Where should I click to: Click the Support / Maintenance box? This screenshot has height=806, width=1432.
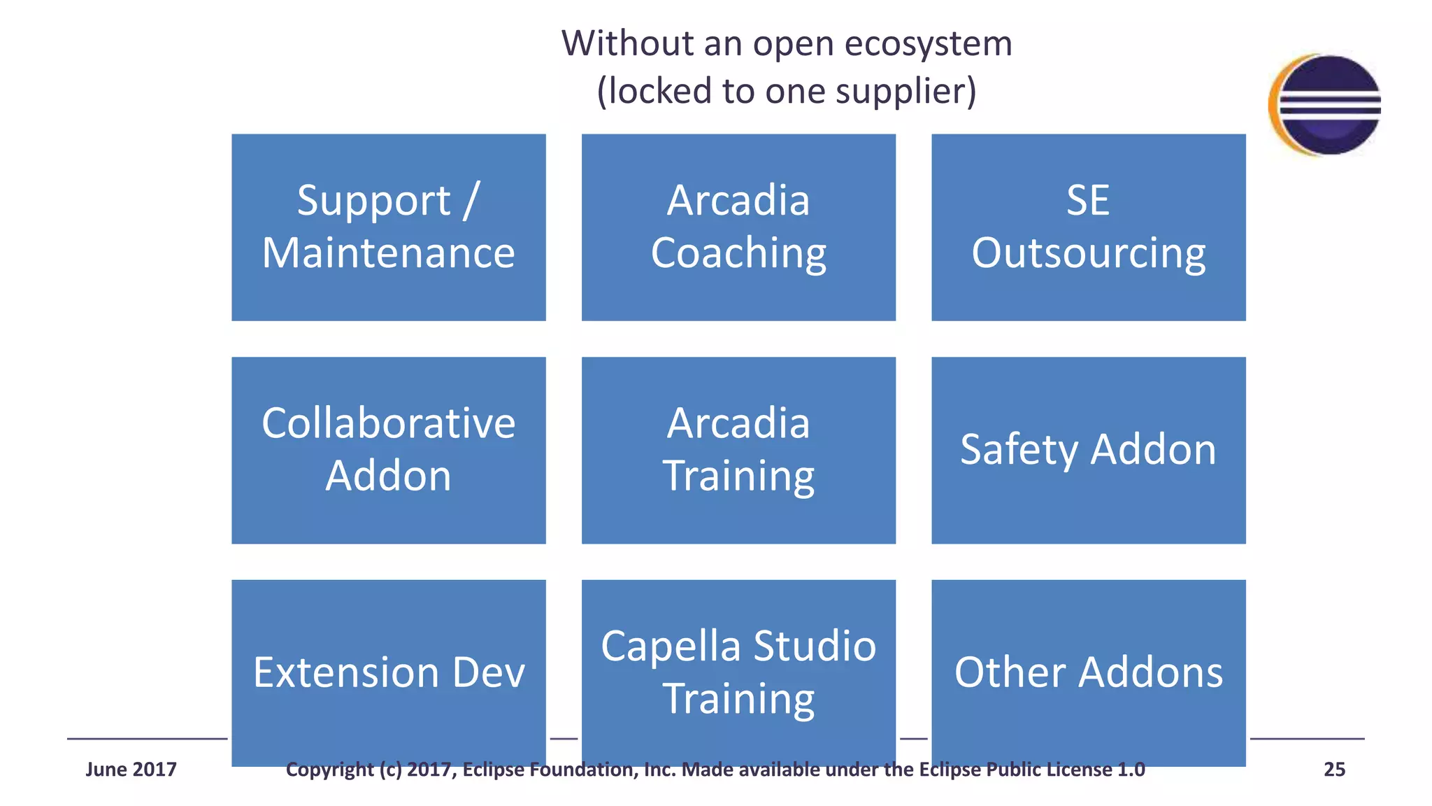coord(388,227)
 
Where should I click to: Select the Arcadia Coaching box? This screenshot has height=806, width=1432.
coord(738,227)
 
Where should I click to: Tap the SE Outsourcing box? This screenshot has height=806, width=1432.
coord(1088,227)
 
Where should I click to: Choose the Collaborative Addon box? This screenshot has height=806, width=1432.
coord(388,450)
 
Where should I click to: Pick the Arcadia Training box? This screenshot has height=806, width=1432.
coord(738,450)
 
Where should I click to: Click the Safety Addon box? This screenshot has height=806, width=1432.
coord(1088,450)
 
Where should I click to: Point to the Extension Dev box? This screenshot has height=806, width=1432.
coord(388,672)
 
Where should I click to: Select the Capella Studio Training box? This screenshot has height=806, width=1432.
coord(738,672)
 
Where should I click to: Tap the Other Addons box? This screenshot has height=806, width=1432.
coord(1088,672)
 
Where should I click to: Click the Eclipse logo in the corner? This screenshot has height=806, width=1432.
coord(1325,104)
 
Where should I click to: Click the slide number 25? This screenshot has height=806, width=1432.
coord(1334,770)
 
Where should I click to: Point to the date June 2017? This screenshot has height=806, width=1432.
coord(131,770)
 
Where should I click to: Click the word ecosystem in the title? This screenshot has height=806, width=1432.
coord(929,44)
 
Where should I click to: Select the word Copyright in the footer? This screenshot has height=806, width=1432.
coord(329,770)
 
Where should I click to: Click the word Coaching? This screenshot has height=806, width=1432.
coord(738,254)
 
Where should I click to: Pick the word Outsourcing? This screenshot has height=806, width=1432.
coord(1088,254)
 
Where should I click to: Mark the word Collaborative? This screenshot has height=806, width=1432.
coord(388,423)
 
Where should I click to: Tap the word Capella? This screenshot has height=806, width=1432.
coord(670,646)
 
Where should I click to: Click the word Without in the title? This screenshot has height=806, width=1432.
coord(627,44)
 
